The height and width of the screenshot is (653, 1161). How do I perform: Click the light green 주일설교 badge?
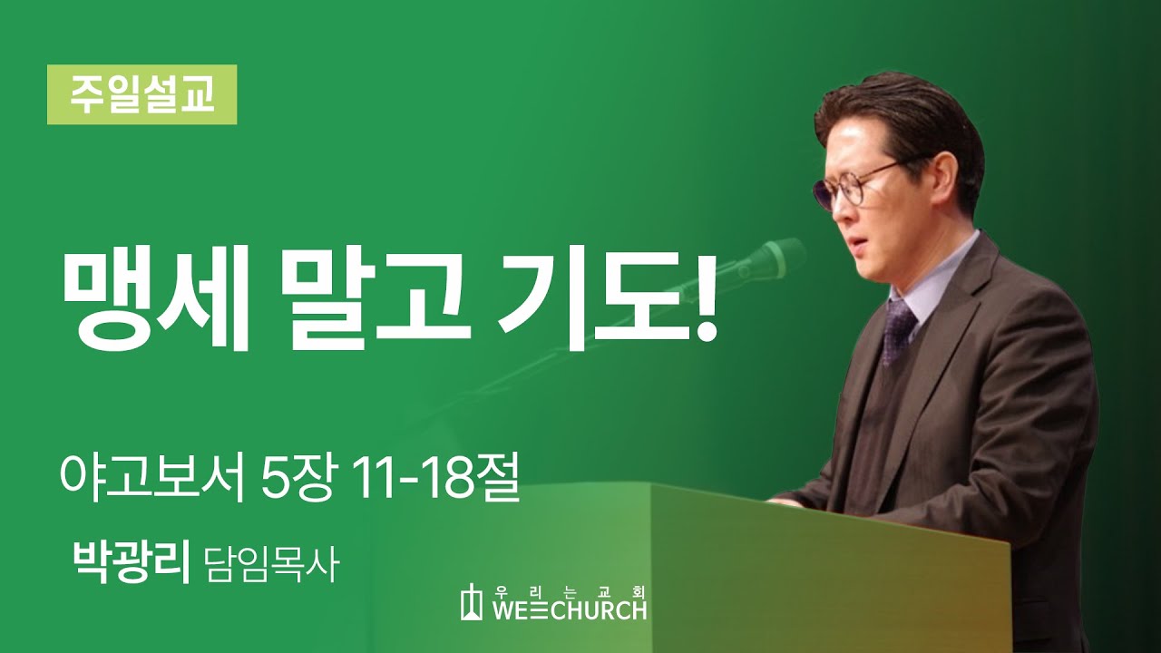click(142, 94)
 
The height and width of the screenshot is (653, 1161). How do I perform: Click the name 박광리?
click(131, 563)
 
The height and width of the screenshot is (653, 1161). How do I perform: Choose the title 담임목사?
click(272, 565)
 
